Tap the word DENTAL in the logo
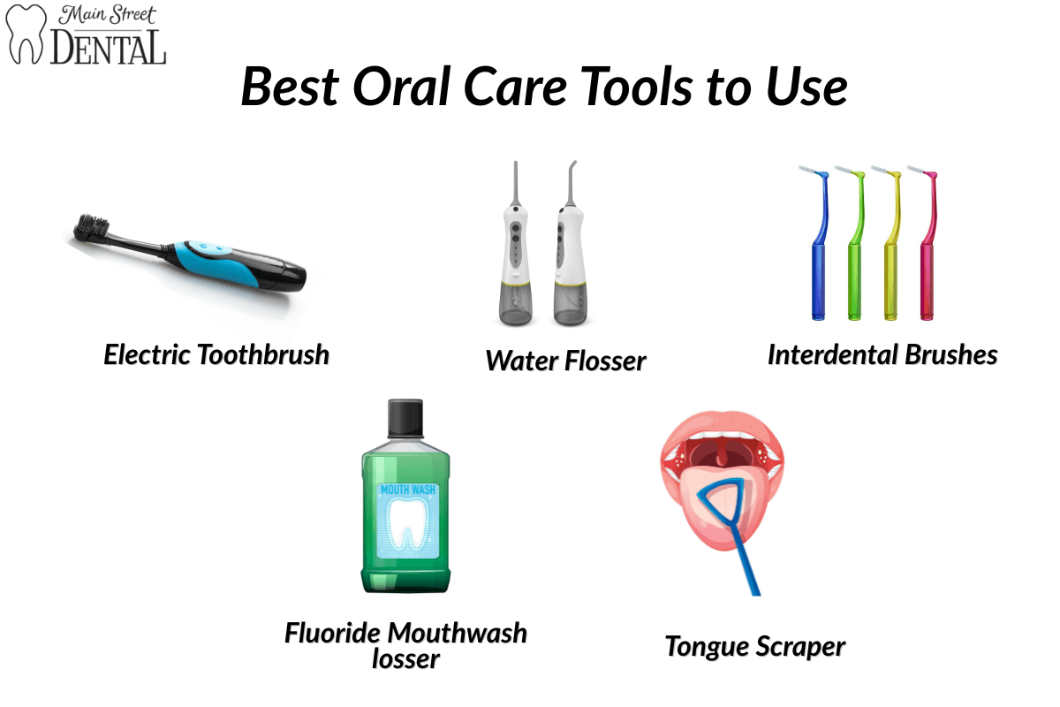pos(108,47)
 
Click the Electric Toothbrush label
pos(216,354)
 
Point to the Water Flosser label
pos(565,361)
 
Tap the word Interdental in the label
pos(833,354)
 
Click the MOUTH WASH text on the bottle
pos(406,488)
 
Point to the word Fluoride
pos(333,633)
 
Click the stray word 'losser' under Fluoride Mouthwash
pos(405,658)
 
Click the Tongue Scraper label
pos(755,646)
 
